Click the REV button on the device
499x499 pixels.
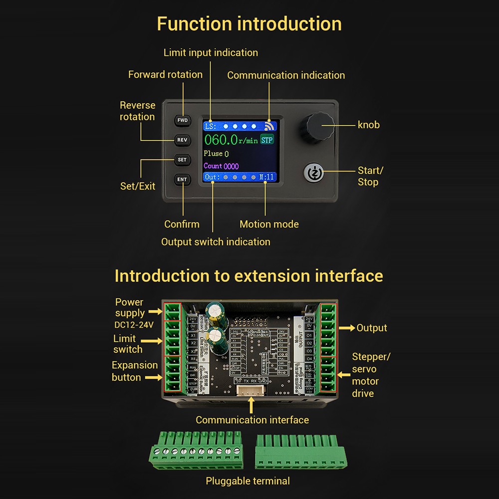pos(182,140)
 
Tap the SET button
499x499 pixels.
pos(182,160)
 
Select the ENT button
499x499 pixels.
pos(182,179)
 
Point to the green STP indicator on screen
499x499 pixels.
pos(267,140)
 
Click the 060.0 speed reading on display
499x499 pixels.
pos(221,140)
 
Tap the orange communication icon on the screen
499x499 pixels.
pos(270,126)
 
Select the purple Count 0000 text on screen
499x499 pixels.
pos(221,166)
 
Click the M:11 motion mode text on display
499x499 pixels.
pos(267,177)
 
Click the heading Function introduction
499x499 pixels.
pos(249,23)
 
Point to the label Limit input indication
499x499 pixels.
pos(211,52)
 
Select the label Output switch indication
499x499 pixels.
pos(216,242)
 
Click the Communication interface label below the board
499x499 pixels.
pos(252,420)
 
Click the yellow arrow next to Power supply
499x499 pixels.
pos(156,312)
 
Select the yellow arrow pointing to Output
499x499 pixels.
pos(347,328)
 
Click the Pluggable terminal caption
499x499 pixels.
pos(248,481)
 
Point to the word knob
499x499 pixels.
pos(369,125)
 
